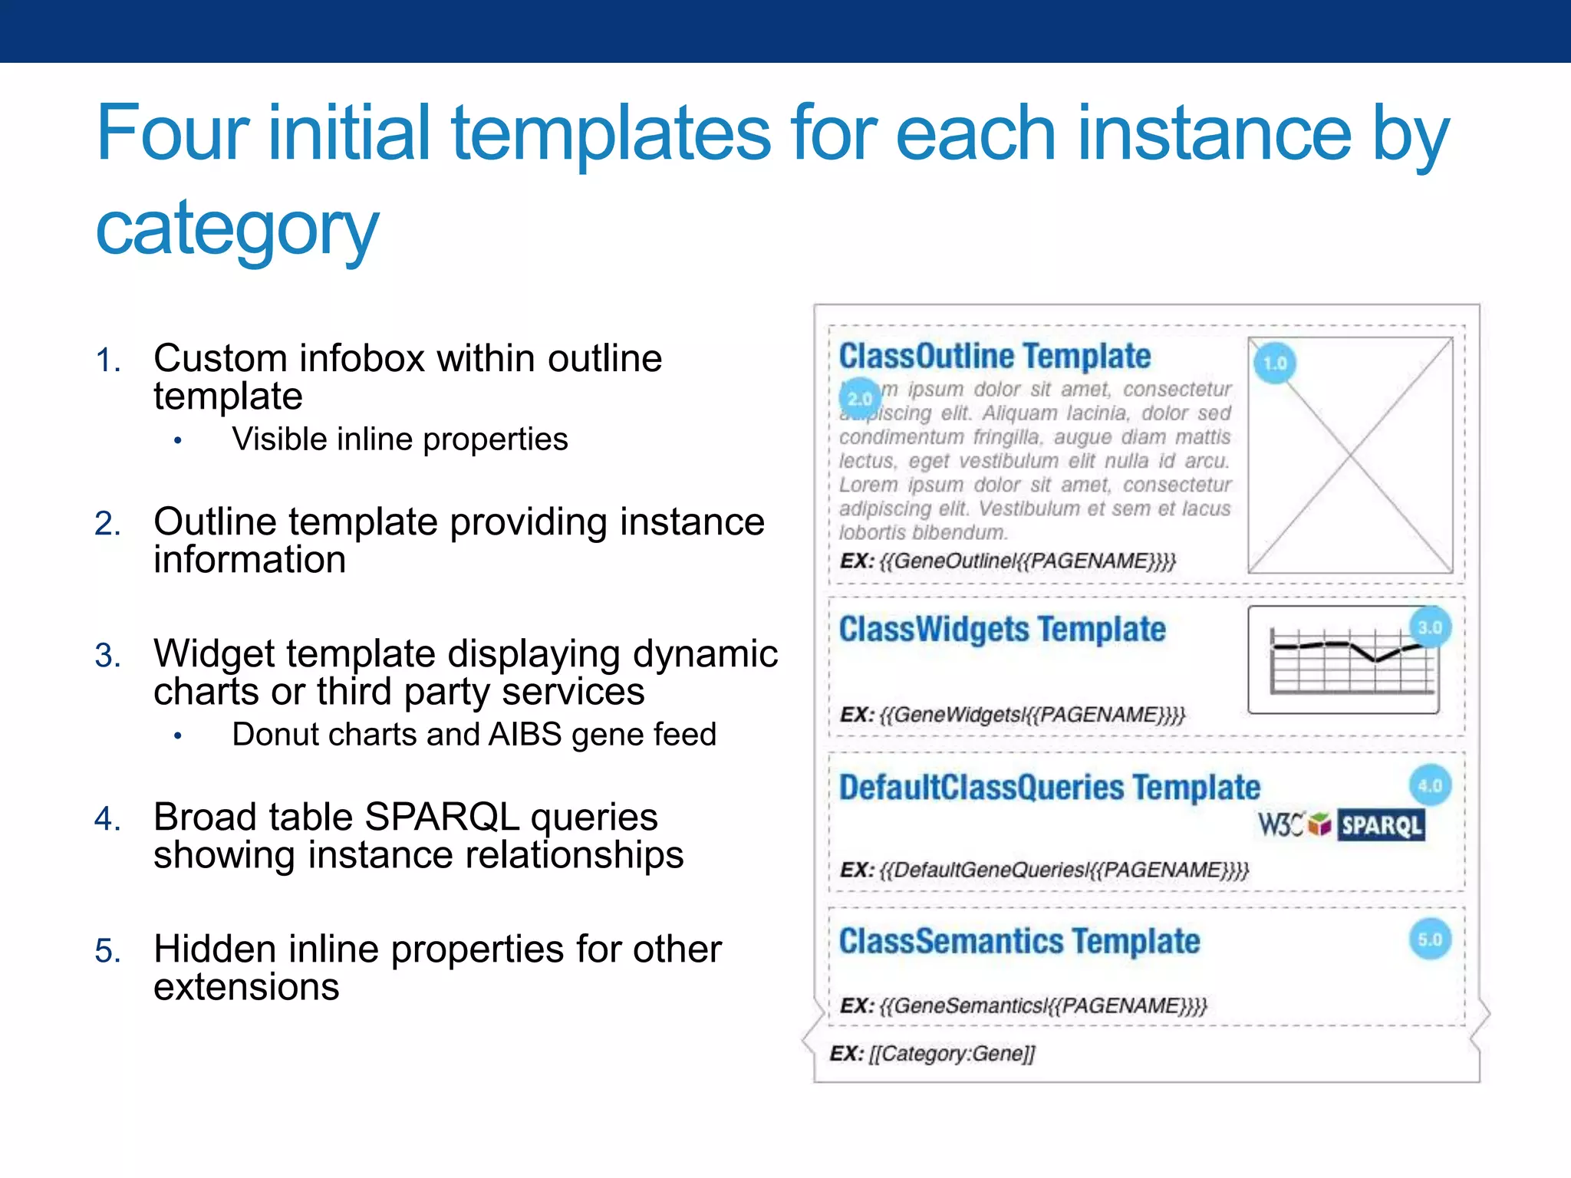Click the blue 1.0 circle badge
tap(1275, 363)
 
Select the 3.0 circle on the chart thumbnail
tap(1431, 627)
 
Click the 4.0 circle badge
tap(1431, 785)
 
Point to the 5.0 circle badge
tap(1431, 939)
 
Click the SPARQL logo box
tap(1381, 825)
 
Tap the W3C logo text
tap(1280, 825)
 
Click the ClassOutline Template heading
tap(994, 357)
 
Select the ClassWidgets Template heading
tap(1002, 630)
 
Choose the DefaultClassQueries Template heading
tap(1049, 788)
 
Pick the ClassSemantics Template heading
tap(1019, 942)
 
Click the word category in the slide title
tap(237, 228)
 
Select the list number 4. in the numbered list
tap(107, 819)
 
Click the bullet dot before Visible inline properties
tap(178, 441)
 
